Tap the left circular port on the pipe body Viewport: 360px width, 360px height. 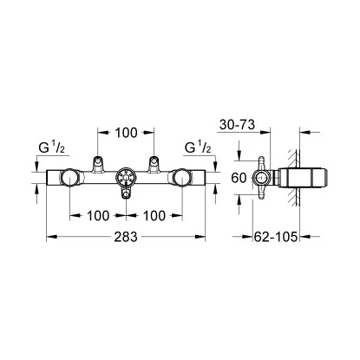click(x=69, y=179)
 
